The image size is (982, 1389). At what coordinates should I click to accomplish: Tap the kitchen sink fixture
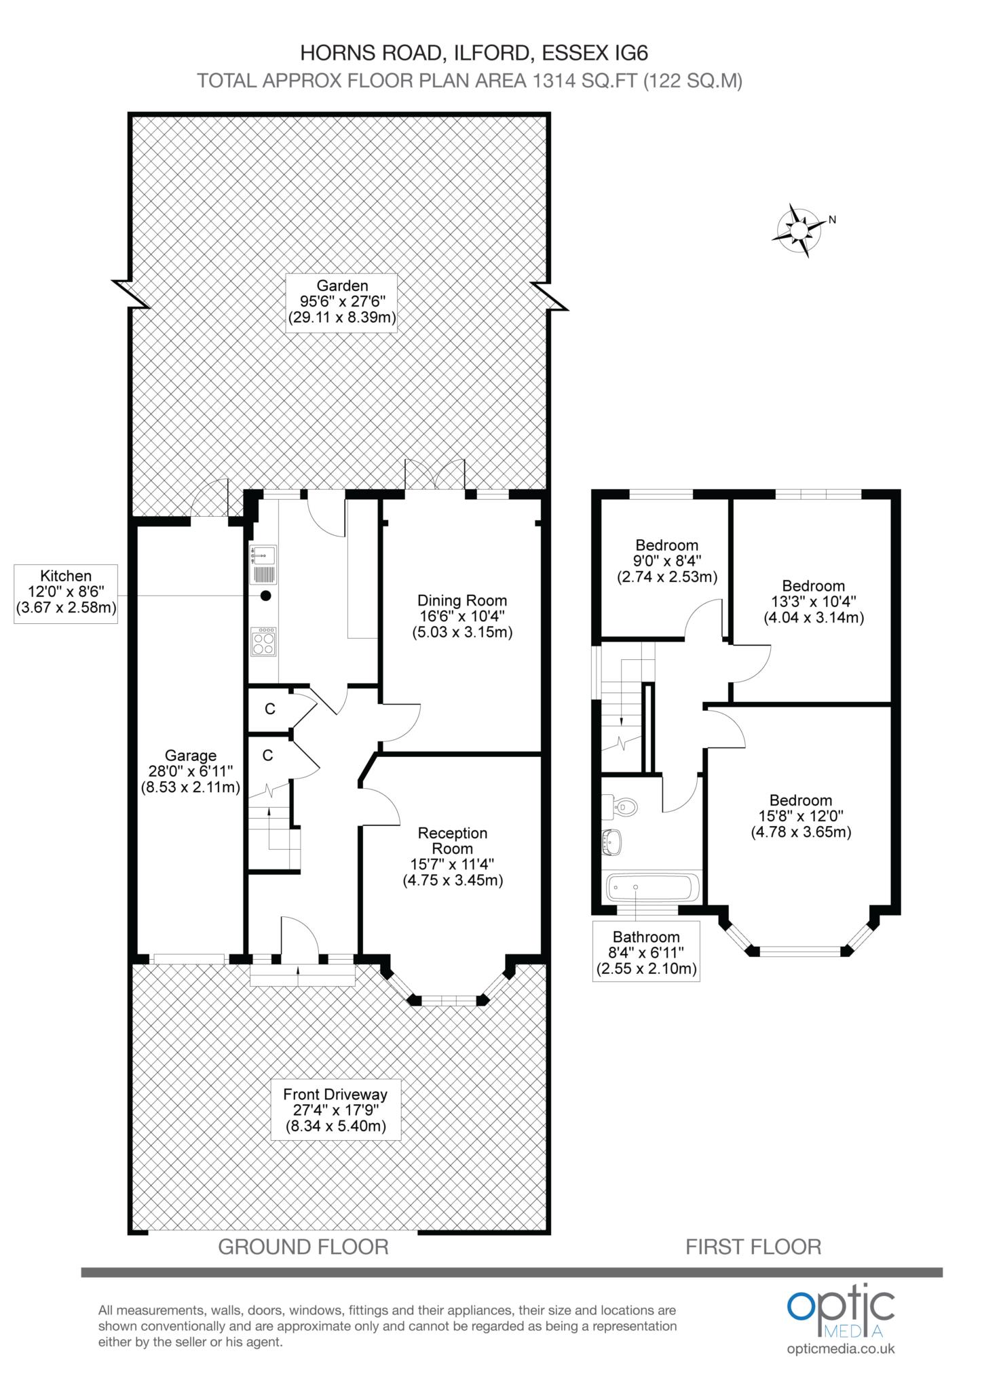coord(263,564)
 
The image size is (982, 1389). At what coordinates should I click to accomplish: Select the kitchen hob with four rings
coord(263,641)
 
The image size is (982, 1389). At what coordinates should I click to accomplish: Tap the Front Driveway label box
coord(335,1110)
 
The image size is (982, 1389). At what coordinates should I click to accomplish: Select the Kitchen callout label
coord(66,593)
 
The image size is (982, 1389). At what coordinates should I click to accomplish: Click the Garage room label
coord(191,771)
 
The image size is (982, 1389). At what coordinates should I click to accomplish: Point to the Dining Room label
coord(462,617)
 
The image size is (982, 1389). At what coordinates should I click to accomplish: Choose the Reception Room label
coord(453,857)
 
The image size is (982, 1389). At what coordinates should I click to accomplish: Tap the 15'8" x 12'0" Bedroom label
coord(801,817)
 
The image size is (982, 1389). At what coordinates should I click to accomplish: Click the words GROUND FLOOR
coord(303,1247)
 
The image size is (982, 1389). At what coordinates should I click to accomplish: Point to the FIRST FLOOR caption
coord(753,1247)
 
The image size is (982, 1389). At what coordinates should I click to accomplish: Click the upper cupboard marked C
coord(270,709)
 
